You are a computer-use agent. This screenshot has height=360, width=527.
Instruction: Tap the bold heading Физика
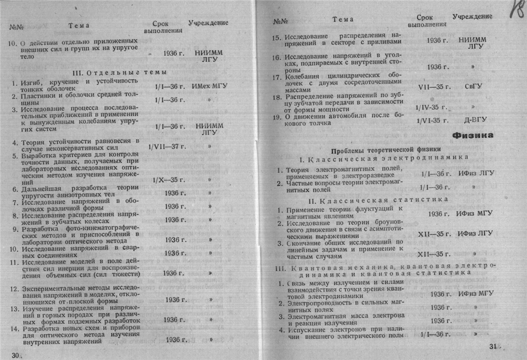473,136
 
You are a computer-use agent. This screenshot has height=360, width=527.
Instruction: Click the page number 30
17,355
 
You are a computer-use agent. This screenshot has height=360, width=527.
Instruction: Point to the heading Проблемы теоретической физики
374,151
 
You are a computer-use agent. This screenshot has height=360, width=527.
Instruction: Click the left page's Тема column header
78,25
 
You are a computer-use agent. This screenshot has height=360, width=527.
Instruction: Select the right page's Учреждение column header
472,16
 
